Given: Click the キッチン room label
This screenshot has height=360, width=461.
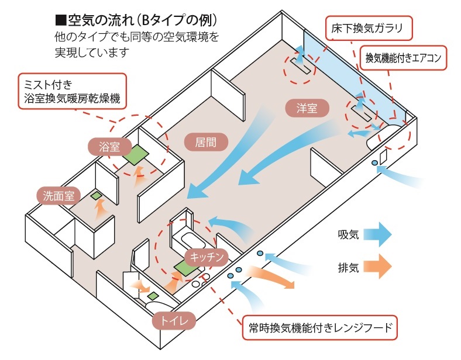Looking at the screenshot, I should [x=205, y=257].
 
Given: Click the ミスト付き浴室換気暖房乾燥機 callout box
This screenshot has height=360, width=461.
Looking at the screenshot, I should [x=73, y=91].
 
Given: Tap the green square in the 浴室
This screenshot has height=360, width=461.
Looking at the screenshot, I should [x=137, y=154].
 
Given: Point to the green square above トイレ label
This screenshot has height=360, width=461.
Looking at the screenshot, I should [x=153, y=296].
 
